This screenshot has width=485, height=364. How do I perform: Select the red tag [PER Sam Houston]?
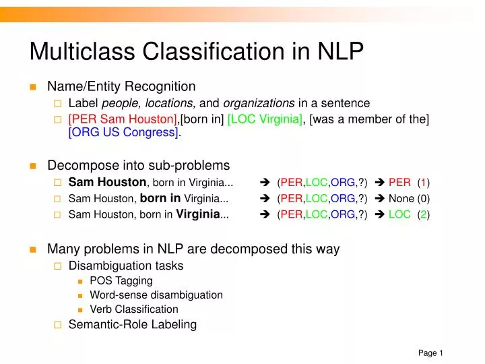tap(123, 119)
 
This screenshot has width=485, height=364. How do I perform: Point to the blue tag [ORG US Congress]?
tap(123, 132)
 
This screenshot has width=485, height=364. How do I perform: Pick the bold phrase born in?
tap(160, 198)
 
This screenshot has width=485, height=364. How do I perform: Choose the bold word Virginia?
tap(198, 214)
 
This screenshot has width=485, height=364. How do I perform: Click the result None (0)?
tap(409, 199)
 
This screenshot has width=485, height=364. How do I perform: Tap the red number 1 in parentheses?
tap(423, 183)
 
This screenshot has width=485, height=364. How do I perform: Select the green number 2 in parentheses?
tap(423, 215)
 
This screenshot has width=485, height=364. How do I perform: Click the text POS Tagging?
tap(121, 280)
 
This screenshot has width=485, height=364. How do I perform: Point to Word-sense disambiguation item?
tap(156, 295)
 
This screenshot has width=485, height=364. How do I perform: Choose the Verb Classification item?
tap(134, 309)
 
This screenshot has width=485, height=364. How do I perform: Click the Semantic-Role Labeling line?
tap(133, 324)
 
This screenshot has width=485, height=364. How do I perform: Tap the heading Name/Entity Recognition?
tap(121, 86)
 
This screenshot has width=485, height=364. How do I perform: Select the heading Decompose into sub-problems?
tap(138, 165)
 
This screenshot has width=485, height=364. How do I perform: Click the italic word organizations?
tap(259, 103)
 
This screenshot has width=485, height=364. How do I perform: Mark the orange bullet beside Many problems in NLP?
tap(32, 249)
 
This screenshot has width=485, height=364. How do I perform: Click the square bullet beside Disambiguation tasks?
tap(57, 266)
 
